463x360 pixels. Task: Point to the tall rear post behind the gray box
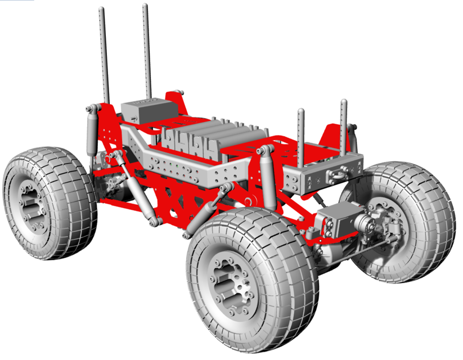coord(147,51)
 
